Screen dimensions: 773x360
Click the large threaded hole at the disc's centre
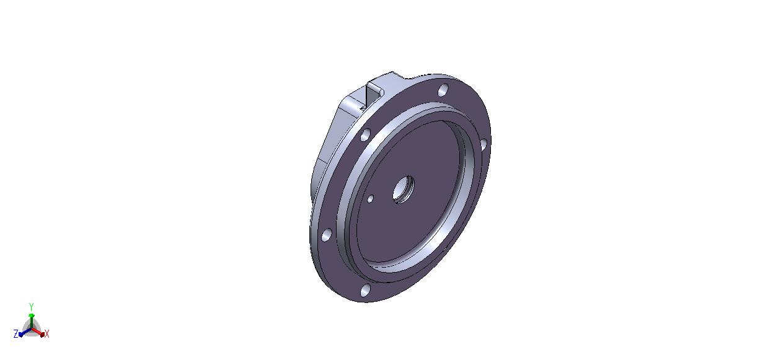pyautogui.click(x=404, y=190)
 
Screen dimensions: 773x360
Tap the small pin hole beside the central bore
pyautogui.click(x=370, y=199)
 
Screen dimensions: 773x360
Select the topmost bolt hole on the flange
pyautogui.click(x=443, y=90)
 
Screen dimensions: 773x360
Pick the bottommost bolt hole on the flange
pyautogui.click(x=365, y=291)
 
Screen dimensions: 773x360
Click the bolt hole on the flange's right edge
pyautogui.click(x=483, y=144)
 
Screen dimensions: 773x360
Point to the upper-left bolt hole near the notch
pyautogui.click(x=366, y=135)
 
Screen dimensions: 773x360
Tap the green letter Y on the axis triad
pyautogui.click(x=31, y=307)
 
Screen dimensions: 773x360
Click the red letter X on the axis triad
pyautogui.click(x=47, y=333)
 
